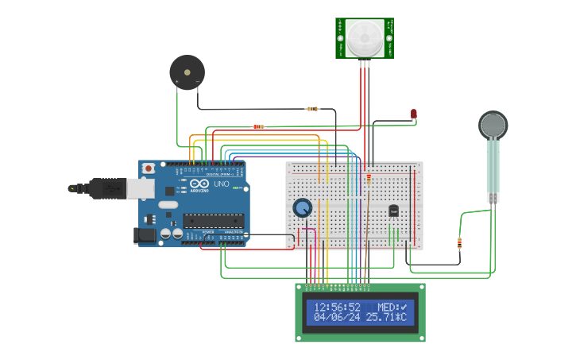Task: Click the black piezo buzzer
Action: [187, 72]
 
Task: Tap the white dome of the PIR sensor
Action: [365, 37]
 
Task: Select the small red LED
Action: [414, 114]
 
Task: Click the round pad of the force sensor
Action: [493, 125]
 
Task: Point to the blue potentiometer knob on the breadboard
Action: [302, 207]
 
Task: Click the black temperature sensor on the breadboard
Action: [393, 211]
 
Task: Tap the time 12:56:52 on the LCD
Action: [337, 307]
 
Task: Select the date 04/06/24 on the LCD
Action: [337, 317]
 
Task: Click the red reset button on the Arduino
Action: [149, 168]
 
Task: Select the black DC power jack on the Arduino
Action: [146, 234]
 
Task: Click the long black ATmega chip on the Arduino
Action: [213, 220]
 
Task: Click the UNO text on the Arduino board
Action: [221, 184]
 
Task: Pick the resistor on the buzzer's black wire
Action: [312, 109]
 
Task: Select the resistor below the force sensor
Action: [459, 243]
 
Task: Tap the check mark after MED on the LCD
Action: [404, 307]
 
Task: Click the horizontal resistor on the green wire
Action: [258, 126]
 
